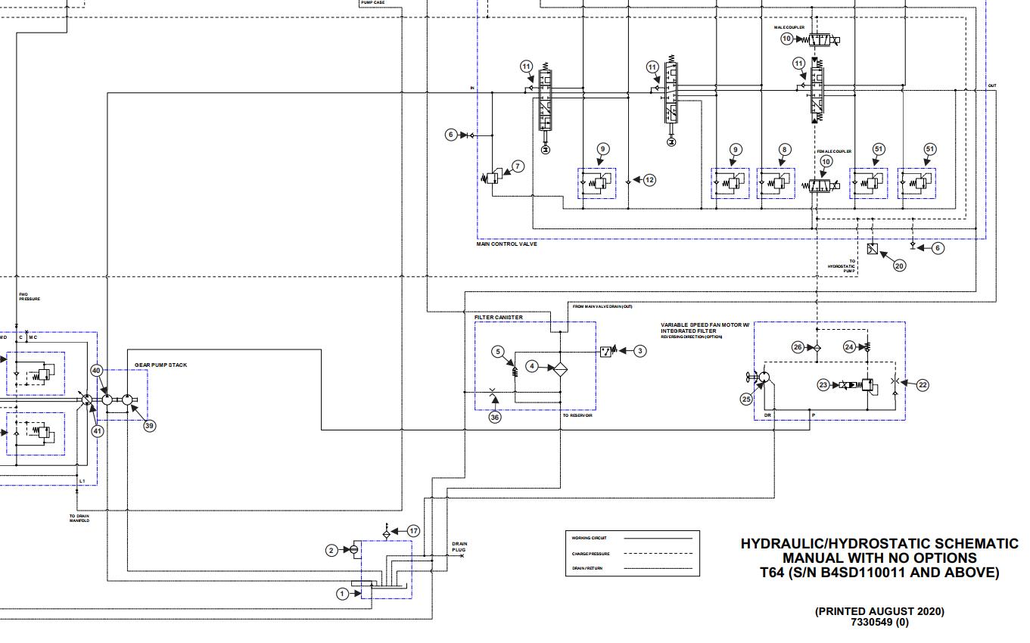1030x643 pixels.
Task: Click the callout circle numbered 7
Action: pyautogui.click(x=518, y=166)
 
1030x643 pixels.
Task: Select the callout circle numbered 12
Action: pyautogui.click(x=649, y=180)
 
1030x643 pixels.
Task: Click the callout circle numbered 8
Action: pyautogui.click(x=785, y=150)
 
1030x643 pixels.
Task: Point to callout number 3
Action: pyautogui.click(x=640, y=350)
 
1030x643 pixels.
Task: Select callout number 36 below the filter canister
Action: pyautogui.click(x=495, y=417)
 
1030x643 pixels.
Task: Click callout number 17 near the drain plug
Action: pyautogui.click(x=413, y=531)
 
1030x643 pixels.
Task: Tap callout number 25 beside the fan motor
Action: pyautogui.click(x=747, y=398)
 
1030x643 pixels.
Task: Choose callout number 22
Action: pyautogui.click(x=923, y=384)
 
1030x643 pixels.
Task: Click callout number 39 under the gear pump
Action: pyautogui.click(x=149, y=426)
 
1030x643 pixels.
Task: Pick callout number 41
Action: pyautogui.click(x=97, y=430)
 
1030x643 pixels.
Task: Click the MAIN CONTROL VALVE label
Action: pyautogui.click(x=506, y=244)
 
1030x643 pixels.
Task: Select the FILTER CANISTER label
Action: pyautogui.click(x=498, y=318)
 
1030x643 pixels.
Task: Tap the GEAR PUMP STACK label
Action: pyautogui.click(x=160, y=365)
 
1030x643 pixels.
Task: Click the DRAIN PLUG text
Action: pyautogui.click(x=459, y=547)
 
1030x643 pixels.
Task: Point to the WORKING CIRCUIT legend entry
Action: pyautogui.click(x=589, y=538)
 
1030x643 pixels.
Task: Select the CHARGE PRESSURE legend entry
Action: pyautogui.click(x=590, y=554)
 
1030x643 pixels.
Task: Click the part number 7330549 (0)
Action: pyautogui.click(x=879, y=623)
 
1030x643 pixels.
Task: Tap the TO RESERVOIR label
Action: pyautogui.click(x=577, y=416)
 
